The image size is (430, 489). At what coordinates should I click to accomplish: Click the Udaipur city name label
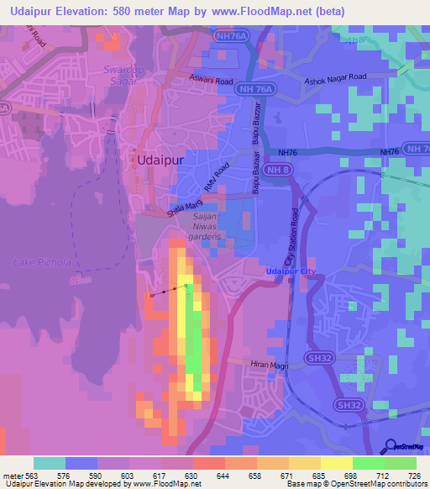click(x=155, y=160)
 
